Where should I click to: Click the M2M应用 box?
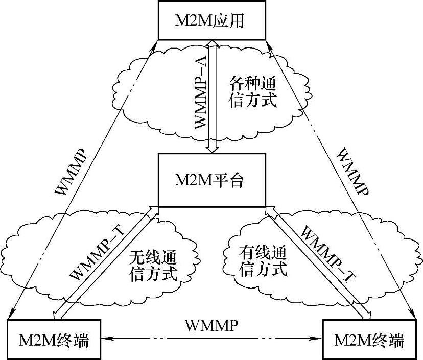[212, 20]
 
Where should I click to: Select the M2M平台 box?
[212, 180]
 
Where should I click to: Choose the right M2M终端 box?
[368, 340]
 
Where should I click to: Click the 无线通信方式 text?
[151, 265]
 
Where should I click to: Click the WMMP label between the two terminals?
[211, 325]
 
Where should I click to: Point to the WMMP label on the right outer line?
[353, 174]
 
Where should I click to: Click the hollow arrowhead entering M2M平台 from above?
[212, 148]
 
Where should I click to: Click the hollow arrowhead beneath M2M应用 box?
[212, 44]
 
